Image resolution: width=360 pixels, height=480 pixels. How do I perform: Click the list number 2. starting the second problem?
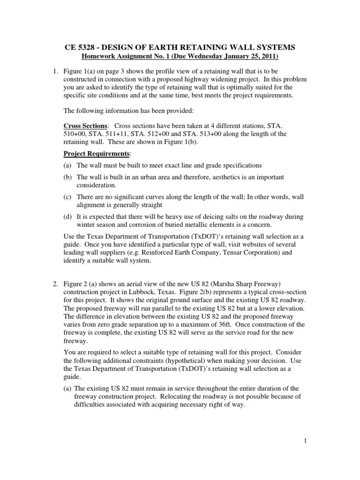pyautogui.click(x=55, y=283)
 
